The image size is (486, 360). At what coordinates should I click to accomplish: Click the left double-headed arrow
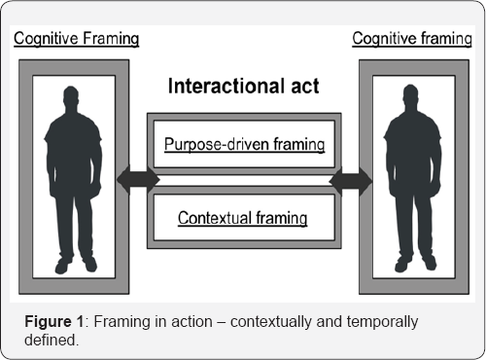click(137, 180)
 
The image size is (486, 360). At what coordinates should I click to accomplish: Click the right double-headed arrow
click(350, 180)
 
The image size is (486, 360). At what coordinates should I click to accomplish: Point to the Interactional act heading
click(243, 86)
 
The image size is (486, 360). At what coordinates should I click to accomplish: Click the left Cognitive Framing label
click(75, 39)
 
